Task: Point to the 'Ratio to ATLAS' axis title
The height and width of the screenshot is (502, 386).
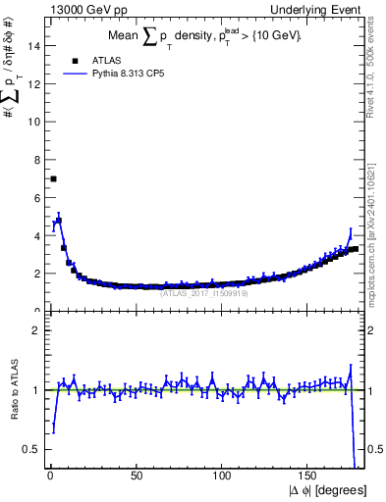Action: click(x=13, y=390)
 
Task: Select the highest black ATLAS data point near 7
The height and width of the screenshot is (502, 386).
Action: click(x=53, y=178)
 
